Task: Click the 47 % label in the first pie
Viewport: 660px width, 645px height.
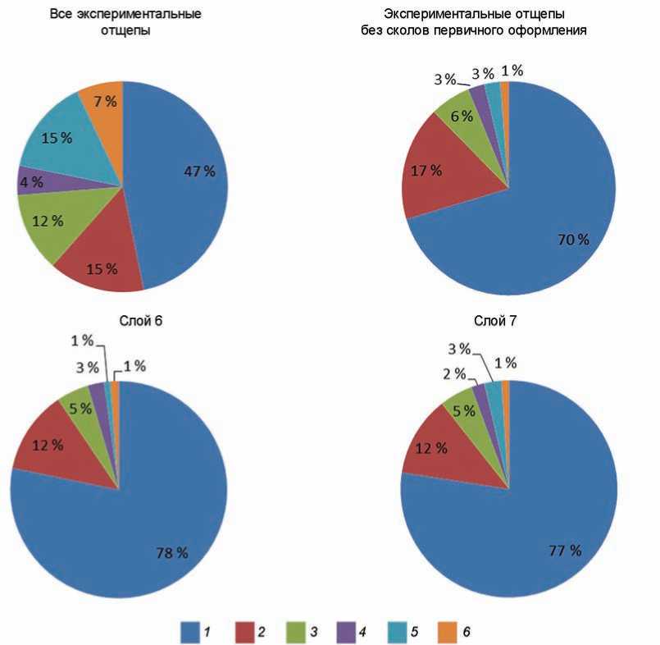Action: coord(199,172)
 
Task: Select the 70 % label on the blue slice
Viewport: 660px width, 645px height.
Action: coord(573,240)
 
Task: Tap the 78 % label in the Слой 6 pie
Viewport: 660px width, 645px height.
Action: coord(172,552)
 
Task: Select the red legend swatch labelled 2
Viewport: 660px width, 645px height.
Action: coord(248,631)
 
